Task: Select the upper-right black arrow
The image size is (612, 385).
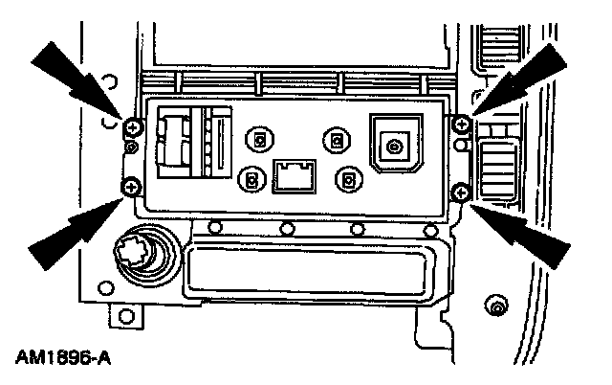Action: tap(531, 77)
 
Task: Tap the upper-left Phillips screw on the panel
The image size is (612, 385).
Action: tap(131, 127)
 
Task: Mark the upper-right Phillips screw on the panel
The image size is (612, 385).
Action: tap(461, 124)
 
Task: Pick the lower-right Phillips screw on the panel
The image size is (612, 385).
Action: tap(460, 193)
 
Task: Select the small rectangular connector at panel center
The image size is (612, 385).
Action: tap(294, 176)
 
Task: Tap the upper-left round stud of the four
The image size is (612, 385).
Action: tap(256, 138)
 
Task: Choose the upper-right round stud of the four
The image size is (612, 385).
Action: tap(335, 139)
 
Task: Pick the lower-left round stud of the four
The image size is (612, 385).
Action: tap(251, 179)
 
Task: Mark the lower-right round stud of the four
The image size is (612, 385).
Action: tap(349, 179)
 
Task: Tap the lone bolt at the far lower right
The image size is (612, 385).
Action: tap(496, 306)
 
